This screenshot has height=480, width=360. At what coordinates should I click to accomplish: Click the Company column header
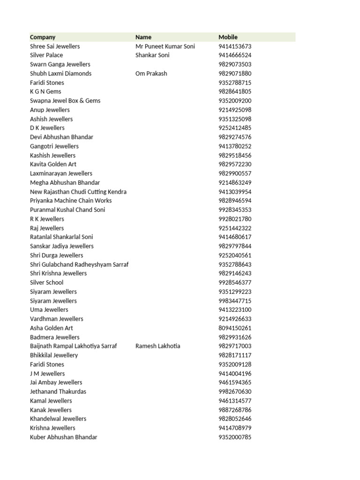pyautogui.click(x=43, y=37)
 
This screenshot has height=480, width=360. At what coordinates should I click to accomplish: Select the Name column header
pyautogui.click(x=143, y=37)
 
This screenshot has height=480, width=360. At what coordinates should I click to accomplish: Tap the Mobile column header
pyautogui.click(x=228, y=37)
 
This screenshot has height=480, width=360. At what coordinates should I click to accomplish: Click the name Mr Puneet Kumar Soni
pyautogui.click(x=165, y=46)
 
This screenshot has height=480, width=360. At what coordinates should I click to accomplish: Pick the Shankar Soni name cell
pyautogui.click(x=152, y=55)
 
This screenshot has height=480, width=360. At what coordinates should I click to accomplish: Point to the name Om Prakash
pyautogui.click(x=151, y=74)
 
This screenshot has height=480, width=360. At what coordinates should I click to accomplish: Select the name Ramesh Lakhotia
pyautogui.click(x=157, y=346)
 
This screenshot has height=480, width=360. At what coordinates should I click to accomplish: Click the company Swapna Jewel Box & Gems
pyautogui.click(x=65, y=101)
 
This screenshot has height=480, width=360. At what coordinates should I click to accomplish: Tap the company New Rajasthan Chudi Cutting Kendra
pyautogui.click(x=78, y=192)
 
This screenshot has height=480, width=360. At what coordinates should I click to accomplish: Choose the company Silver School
pyautogui.click(x=46, y=283)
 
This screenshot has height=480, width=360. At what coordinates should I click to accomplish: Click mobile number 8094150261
pyautogui.click(x=235, y=328)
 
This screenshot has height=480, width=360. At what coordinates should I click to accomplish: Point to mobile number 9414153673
pyautogui.click(x=235, y=46)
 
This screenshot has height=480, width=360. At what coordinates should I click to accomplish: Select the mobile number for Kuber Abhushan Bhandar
pyautogui.click(x=235, y=437)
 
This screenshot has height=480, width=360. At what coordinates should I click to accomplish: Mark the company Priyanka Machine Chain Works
pyautogui.click(x=71, y=201)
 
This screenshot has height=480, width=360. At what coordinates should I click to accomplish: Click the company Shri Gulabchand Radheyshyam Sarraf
pyautogui.click(x=79, y=264)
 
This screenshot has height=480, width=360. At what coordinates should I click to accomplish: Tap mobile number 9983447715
pyautogui.click(x=235, y=301)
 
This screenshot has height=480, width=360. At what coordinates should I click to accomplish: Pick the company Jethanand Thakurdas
pyautogui.click(x=58, y=392)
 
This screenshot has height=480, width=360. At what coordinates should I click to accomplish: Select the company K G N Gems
pyautogui.click(x=45, y=92)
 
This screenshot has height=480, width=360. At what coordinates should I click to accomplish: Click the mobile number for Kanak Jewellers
pyautogui.click(x=235, y=410)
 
